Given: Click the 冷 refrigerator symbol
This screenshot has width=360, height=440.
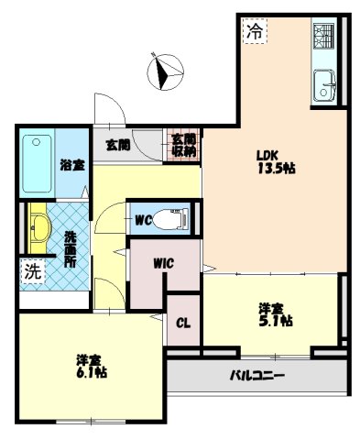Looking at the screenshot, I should [255, 30].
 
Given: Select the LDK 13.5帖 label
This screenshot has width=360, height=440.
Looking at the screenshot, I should [274, 161].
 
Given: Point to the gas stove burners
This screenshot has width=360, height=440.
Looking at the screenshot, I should [324, 38].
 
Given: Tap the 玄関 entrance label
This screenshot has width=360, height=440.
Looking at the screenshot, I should [116, 144].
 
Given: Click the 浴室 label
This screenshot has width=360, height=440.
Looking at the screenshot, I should [72, 166].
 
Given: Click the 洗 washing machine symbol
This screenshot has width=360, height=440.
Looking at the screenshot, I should [32, 271].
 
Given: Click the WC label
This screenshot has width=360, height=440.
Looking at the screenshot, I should [143, 221].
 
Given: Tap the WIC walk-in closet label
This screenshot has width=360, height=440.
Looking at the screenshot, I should [164, 263].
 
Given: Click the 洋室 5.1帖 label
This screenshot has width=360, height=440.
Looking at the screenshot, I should [274, 314].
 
